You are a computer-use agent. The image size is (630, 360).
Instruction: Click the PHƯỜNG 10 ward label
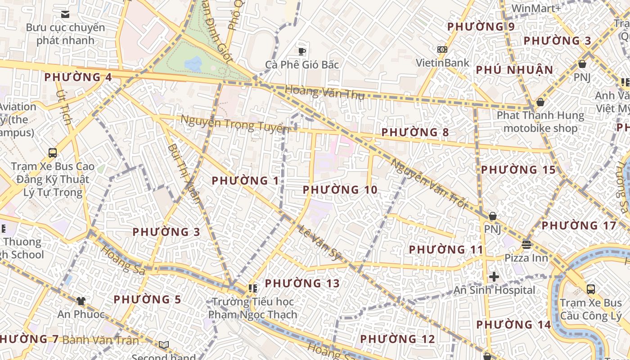tap(340, 190)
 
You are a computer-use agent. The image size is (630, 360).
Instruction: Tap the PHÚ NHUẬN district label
tap(514, 70)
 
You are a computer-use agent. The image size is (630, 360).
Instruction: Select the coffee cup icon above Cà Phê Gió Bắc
tap(302, 51)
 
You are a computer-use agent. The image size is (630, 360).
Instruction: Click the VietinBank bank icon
tap(442, 49)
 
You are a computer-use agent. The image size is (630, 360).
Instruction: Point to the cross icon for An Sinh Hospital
tap(494, 277)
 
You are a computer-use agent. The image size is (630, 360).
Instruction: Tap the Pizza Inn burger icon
tap(526, 245)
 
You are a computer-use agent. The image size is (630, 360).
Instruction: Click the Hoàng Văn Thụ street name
tap(324, 92)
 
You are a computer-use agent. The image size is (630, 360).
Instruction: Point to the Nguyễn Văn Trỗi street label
tap(427, 184)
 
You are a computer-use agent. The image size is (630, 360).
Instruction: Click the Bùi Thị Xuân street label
tap(184, 173)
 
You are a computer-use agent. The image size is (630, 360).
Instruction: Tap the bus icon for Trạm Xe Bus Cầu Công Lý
tap(591, 289)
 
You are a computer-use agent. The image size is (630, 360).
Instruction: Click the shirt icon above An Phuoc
tap(81, 301)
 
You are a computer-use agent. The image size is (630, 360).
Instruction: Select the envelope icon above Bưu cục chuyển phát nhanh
tap(65, 14)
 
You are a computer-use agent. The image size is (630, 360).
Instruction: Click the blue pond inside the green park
tap(193, 64)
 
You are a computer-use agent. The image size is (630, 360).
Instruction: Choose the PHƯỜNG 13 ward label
tap(302, 283)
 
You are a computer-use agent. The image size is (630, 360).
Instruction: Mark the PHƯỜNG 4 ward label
tap(78, 77)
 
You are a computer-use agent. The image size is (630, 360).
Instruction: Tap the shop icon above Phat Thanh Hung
tap(540, 102)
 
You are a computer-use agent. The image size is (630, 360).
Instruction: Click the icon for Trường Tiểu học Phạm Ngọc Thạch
tap(252, 288)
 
